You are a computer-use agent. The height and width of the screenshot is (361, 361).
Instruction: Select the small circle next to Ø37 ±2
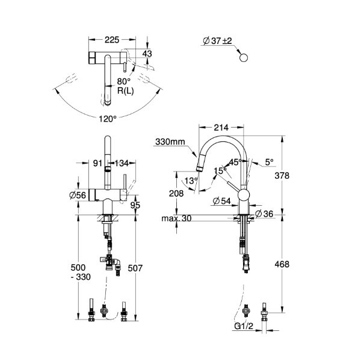243,58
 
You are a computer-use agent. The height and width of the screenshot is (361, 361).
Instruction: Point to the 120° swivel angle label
107,119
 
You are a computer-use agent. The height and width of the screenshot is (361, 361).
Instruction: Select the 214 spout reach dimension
221,128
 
